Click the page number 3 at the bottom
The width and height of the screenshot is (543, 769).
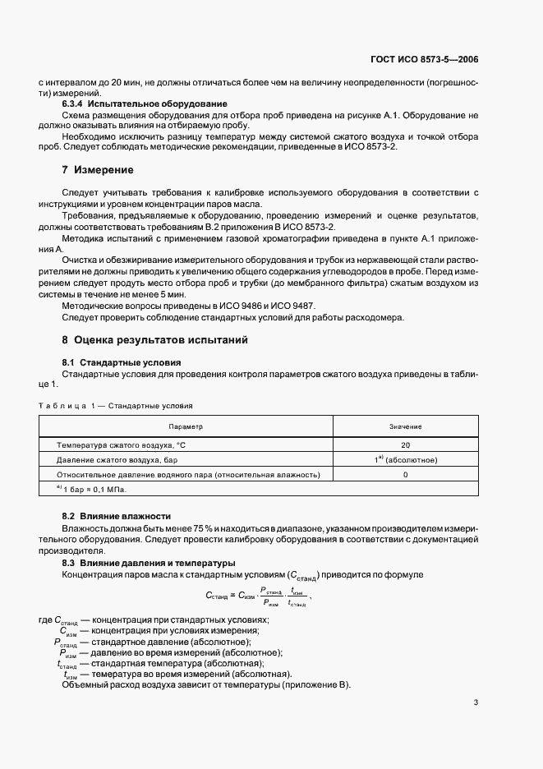476,702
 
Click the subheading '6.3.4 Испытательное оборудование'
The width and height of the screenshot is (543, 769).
133,104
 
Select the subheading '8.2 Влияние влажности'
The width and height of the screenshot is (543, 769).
116,515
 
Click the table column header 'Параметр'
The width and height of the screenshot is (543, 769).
186,426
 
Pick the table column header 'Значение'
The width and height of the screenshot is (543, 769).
405,426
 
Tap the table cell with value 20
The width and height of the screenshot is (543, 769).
405,444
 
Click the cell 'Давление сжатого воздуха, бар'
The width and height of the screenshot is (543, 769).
117,460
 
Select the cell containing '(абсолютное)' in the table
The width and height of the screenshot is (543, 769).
405,460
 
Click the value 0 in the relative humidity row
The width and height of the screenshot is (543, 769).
405,475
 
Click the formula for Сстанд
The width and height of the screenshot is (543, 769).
257,596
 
